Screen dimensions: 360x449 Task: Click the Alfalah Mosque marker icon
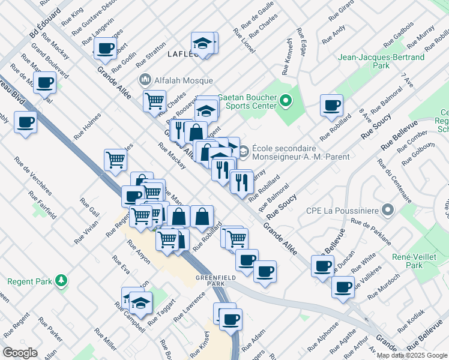(x=145, y=80)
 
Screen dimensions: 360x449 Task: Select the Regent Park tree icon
(x=60, y=280)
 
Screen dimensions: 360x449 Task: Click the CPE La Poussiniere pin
(x=388, y=210)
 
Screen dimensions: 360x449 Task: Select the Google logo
(x=20, y=352)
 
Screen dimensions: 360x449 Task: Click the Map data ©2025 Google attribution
(x=411, y=355)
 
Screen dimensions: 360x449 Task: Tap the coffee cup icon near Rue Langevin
(x=105, y=49)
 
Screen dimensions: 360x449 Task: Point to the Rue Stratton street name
(x=150, y=55)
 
